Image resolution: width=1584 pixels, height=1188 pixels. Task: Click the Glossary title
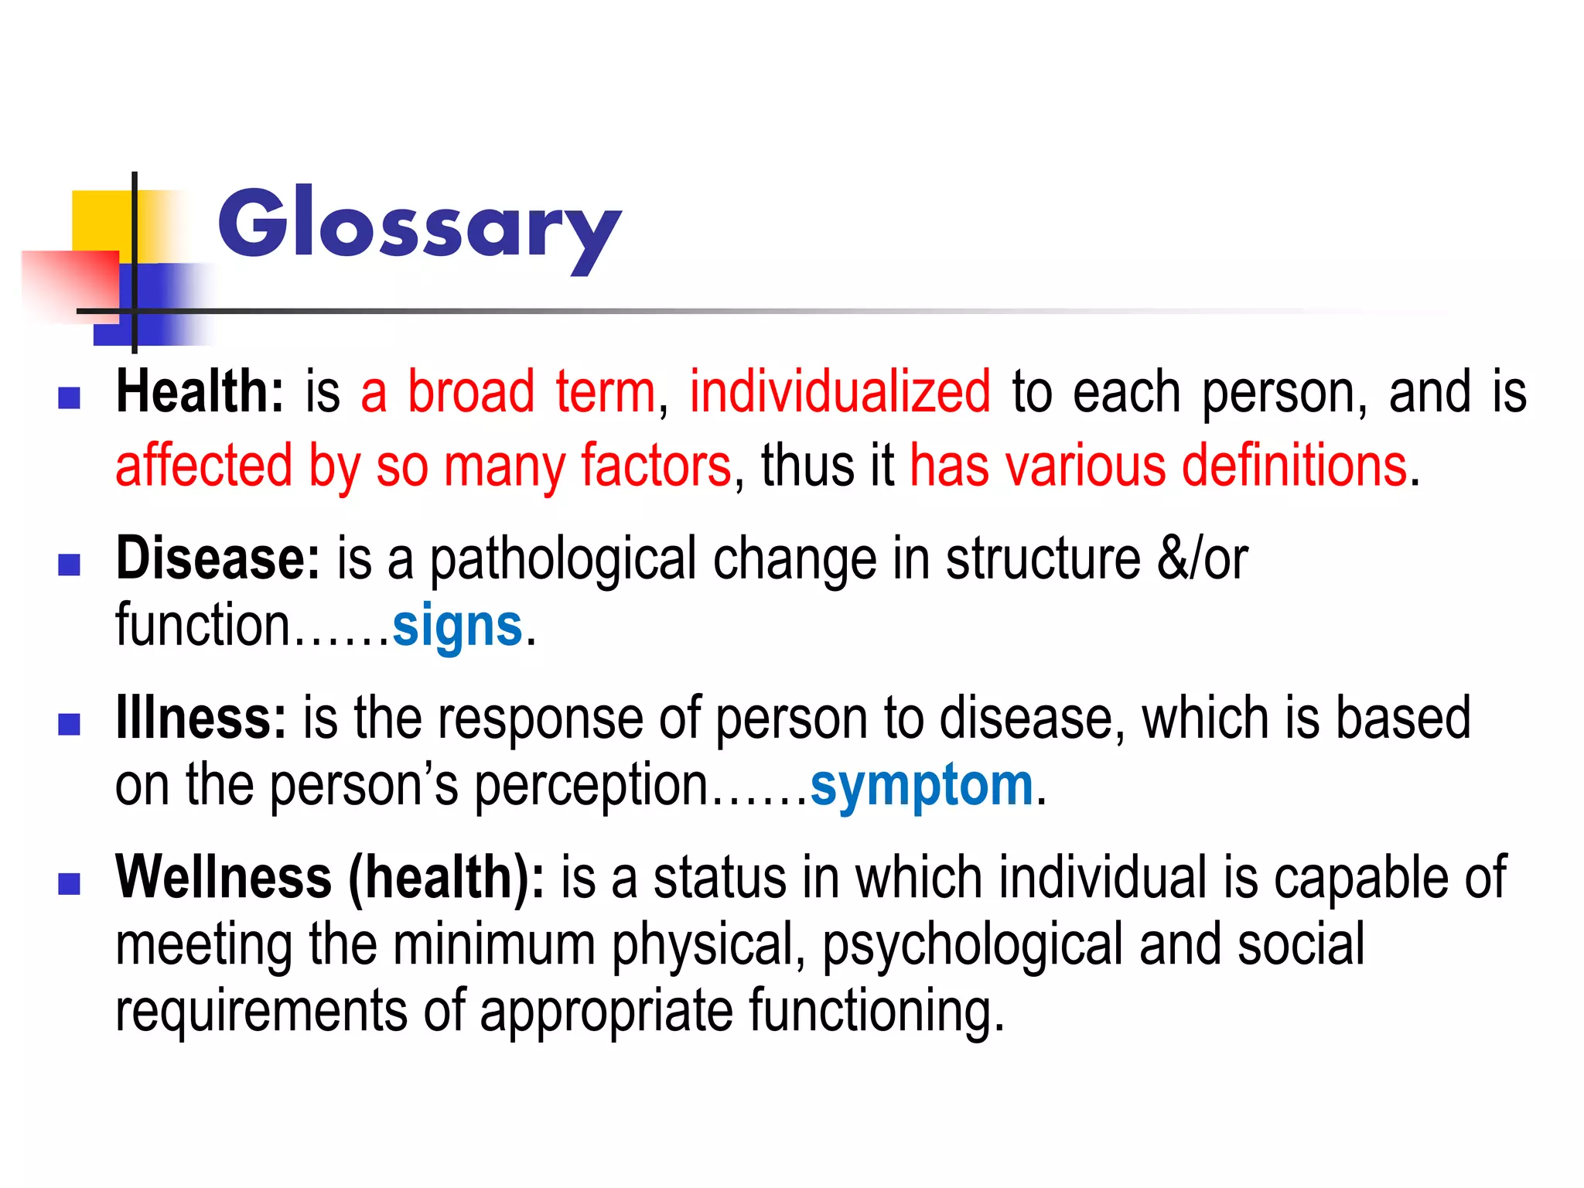(x=419, y=226)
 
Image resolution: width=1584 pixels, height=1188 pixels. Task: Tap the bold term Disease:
(x=217, y=558)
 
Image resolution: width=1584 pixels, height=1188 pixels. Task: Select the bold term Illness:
(x=201, y=719)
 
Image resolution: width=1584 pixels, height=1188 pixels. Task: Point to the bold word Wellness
(x=224, y=878)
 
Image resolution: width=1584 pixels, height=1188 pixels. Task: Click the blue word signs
(x=458, y=626)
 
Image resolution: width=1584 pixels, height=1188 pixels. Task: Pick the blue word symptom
(x=922, y=786)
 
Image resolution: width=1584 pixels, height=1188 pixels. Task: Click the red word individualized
(x=840, y=392)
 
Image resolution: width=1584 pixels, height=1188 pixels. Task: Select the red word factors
(x=656, y=466)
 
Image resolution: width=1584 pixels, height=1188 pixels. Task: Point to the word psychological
(x=971, y=945)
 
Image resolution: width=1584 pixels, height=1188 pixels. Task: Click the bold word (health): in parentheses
(x=446, y=878)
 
